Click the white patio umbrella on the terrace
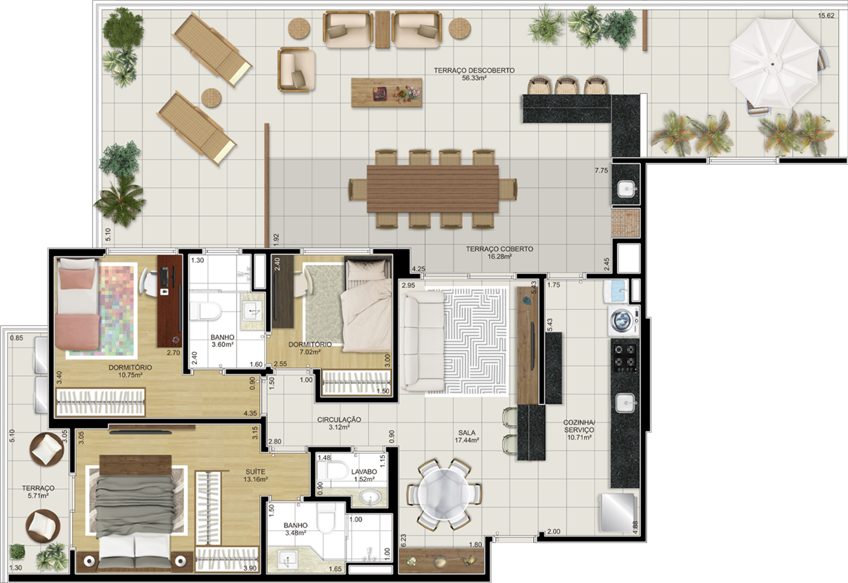coord(774,64)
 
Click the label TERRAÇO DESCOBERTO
coord(474,70)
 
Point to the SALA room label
coord(467,433)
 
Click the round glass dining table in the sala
coord(444,495)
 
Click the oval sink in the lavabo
coord(369,497)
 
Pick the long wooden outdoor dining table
coord(432,189)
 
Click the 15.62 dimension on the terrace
coord(826,16)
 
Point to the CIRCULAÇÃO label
coord(339,420)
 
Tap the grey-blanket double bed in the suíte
coord(135,513)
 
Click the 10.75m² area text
coord(131,375)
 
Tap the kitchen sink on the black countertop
coord(625,403)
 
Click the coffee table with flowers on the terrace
coord(386,92)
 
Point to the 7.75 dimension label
coord(601,170)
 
